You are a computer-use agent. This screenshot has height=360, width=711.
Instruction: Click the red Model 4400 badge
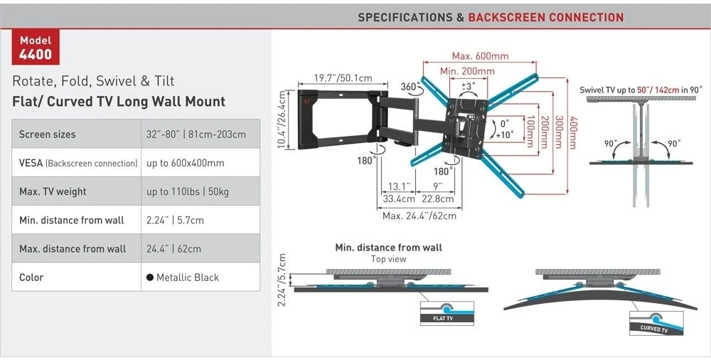pos(36,47)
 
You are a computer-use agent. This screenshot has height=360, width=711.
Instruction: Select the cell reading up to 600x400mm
pos(185,163)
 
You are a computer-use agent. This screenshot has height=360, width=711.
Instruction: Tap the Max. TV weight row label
pos(53,191)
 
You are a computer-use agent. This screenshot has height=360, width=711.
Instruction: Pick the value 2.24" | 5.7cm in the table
pos(175,220)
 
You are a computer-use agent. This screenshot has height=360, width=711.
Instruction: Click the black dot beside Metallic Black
pos(149,277)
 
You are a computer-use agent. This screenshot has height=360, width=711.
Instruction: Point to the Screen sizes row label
pos(47,134)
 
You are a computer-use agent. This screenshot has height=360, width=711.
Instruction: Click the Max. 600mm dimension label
pos(480,56)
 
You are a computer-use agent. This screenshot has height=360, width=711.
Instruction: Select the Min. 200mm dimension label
pos(467,71)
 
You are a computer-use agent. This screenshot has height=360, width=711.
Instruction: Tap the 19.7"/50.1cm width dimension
pos(343,78)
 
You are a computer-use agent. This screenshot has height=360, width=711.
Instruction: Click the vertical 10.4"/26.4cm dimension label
pos(282,120)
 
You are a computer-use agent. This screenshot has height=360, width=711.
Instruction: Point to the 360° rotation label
pos(410,87)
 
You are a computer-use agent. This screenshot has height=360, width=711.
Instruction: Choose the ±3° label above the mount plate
pos(469,85)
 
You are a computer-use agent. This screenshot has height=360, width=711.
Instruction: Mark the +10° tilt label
pos(504,134)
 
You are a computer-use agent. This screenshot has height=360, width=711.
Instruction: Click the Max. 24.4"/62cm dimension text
pos(419,216)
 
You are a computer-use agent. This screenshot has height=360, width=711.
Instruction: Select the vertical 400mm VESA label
pos(573,133)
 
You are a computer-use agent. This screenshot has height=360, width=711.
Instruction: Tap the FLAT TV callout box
pos(447,313)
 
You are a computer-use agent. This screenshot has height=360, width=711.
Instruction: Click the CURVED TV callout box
pos(656,323)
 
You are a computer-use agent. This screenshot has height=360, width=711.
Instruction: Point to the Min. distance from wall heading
pos(389,248)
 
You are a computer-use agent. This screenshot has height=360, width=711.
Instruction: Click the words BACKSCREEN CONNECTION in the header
pos(546,18)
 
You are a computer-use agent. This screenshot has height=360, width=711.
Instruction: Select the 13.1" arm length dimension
pos(399,186)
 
